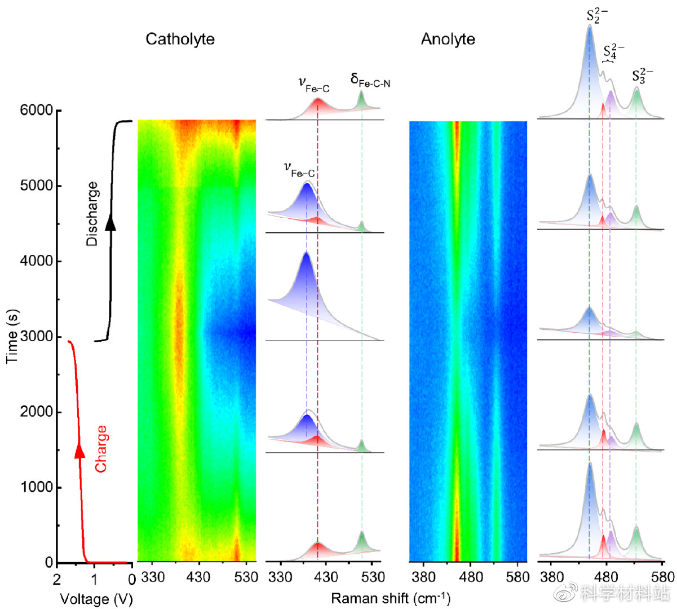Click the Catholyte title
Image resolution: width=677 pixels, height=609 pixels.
point(180,39)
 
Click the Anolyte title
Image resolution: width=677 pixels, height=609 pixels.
point(448,39)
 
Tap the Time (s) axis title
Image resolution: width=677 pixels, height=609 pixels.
point(11,336)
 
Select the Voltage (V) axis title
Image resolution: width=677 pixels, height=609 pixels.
point(96,599)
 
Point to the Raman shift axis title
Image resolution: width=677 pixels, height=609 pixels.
point(390,598)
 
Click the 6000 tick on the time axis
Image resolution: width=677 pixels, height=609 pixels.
point(37,111)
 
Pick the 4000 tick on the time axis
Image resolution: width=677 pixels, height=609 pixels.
point(37,261)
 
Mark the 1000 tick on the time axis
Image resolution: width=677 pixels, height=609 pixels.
point(37,487)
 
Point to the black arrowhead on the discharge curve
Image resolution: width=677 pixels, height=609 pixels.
point(110,223)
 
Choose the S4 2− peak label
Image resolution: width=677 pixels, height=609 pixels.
point(613,51)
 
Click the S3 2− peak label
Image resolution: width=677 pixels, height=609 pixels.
point(642,76)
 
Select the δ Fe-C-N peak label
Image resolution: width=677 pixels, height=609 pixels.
point(370,80)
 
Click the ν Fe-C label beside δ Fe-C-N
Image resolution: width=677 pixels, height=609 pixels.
point(313,85)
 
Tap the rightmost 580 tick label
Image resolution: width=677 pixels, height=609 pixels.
point(662,577)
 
